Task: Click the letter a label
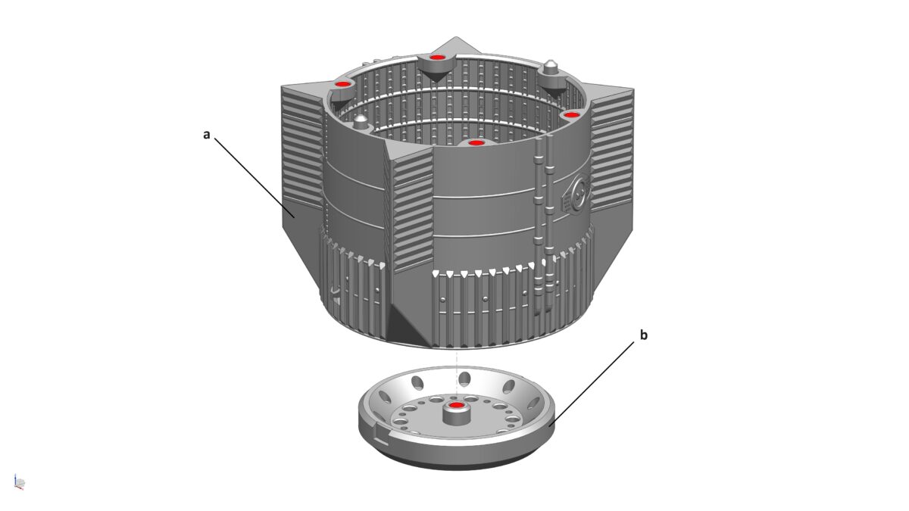tap(207, 135)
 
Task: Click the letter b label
tap(644, 335)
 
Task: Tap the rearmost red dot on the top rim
tap(436, 58)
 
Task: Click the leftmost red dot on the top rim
tap(343, 84)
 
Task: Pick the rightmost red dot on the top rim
tap(571, 115)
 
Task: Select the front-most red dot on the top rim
tap(475, 143)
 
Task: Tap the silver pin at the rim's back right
tap(551, 67)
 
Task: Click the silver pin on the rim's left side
tap(361, 121)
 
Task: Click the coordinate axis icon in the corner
tap(20, 482)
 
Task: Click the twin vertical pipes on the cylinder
tap(543, 226)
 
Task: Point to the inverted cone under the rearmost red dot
tap(435, 76)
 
